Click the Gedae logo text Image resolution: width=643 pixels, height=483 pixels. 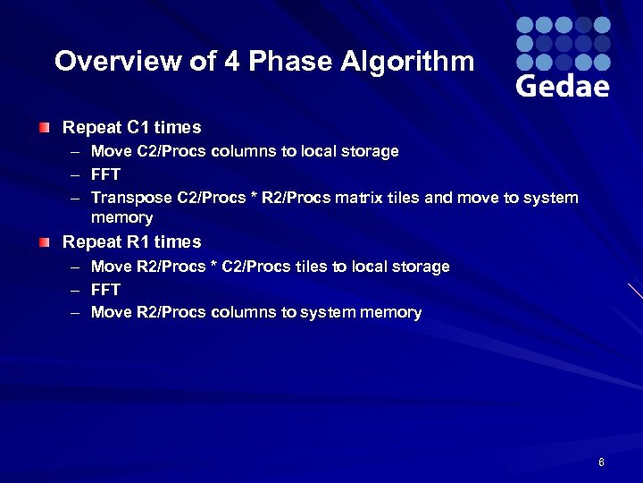point(563,86)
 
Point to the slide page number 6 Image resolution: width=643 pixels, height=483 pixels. point(601,462)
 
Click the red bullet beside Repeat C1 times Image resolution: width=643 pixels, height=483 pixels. point(45,128)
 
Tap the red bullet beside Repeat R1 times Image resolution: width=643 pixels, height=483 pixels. point(45,242)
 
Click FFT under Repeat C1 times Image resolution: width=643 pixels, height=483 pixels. point(105,174)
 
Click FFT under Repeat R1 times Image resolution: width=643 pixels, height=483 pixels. point(105,290)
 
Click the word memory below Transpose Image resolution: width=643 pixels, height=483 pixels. point(122,217)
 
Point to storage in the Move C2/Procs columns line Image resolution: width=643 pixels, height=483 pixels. point(369,151)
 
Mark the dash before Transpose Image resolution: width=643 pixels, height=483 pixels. point(77,198)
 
